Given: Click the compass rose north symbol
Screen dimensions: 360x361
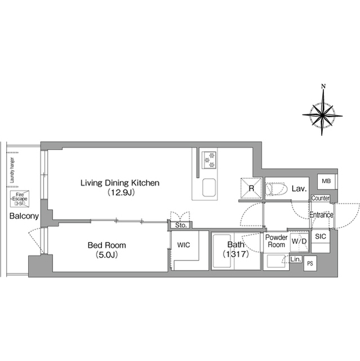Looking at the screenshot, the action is click(x=322, y=112).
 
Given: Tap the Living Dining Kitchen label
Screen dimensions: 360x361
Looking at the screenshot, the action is click(x=120, y=183).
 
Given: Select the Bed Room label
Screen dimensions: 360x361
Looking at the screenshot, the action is click(x=106, y=245).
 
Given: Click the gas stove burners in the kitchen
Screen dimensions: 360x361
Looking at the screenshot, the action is click(x=209, y=160).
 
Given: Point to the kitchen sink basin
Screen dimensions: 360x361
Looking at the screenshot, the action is click(x=209, y=187).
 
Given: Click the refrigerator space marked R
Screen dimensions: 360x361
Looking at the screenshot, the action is click(x=251, y=188).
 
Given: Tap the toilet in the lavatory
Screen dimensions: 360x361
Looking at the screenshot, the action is click(x=276, y=189).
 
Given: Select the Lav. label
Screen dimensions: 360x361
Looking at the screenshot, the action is click(x=299, y=189).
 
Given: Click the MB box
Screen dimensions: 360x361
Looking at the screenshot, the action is click(x=326, y=181).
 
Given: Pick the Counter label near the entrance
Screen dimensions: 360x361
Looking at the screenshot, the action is click(x=320, y=198).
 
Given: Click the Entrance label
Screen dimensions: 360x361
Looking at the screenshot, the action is click(x=321, y=215).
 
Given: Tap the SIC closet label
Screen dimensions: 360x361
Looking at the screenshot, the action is click(x=321, y=236).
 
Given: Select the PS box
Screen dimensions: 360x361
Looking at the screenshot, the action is click(x=310, y=263).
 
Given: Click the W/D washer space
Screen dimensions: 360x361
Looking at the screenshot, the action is click(x=299, y=242).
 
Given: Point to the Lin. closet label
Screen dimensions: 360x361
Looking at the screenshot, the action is click(x=296, y=259).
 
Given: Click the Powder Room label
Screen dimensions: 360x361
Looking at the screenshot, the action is click(x=276, y=241).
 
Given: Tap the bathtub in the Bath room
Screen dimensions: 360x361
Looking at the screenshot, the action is click(x=222, y=251).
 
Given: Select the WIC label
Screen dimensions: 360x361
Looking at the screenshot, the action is click(x=184, y=245).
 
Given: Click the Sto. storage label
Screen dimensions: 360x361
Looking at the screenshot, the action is click(x=181, y=225).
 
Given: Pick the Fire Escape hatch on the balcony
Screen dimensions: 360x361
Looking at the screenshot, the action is click(x=20, y=199).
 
